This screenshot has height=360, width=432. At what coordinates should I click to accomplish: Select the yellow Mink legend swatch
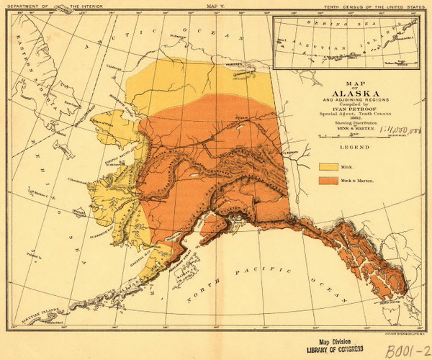click(x=328, y=166)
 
